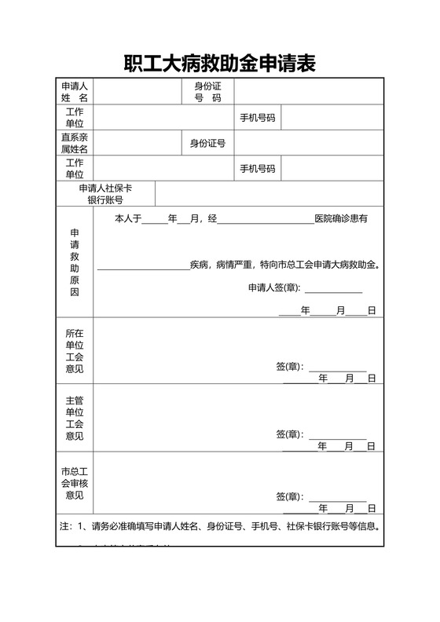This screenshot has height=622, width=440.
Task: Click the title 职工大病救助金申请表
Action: [219, 64]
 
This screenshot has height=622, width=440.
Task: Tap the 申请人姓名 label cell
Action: [75, 91]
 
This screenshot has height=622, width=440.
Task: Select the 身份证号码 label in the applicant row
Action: [207, 91]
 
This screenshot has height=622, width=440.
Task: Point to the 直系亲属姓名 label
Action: [75, 143]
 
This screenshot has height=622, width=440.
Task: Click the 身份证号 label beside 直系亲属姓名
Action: [207, 143]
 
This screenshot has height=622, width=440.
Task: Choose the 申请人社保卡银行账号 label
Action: [105, 194]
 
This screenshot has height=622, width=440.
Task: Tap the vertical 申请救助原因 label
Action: [75, 262]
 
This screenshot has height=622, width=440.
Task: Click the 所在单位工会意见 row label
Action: [75, 350]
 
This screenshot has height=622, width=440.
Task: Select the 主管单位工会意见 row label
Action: [75, 418]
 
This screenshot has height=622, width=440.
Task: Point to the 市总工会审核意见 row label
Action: [75, 483]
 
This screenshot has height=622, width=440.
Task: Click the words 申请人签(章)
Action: [273, 287]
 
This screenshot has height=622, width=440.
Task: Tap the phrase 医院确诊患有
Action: [341, 218]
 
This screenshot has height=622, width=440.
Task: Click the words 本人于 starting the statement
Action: [128, 218]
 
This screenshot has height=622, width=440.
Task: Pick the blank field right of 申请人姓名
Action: [137, 91]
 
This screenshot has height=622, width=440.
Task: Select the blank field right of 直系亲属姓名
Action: [137, 143]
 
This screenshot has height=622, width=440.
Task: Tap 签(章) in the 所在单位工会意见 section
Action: [289, 367]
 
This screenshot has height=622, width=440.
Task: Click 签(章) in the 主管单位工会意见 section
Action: [289, 434]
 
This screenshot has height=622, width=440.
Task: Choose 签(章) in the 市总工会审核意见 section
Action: [289, 497]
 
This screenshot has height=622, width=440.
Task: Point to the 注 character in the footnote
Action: [64, 526]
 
